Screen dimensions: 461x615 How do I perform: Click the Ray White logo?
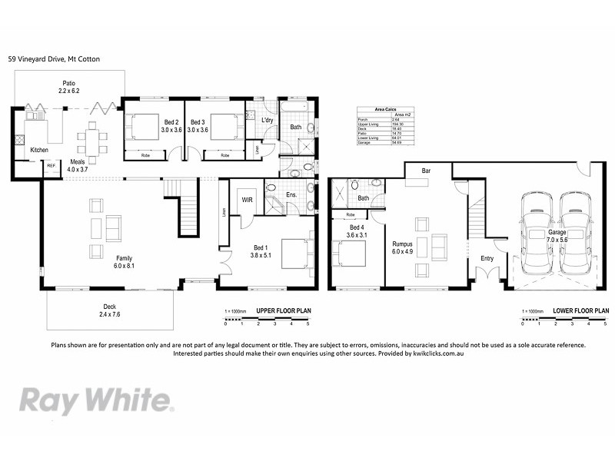(96, 400)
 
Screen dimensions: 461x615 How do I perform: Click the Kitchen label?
(39, 150)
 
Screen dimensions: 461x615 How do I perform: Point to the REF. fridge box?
(52, 166)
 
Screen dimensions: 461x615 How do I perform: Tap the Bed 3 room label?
(198, 126)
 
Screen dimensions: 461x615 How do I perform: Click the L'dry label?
(268, 121)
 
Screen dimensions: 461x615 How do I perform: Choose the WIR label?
(248, 200)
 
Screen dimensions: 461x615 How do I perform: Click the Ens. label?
(292, 196)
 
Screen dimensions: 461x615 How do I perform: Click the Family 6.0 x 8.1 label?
(124, 262)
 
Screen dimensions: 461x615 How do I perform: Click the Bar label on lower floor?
(425, 170)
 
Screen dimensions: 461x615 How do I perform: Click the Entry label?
(487, 258)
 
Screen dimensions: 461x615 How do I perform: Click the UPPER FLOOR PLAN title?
(283, 312)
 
